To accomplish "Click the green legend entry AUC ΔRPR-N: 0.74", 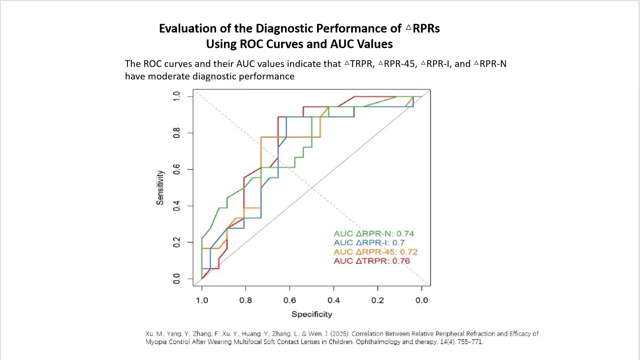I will point(374,234).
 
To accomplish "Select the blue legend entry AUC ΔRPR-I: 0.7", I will point(369,243).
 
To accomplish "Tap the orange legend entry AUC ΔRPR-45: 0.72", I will point(375,252).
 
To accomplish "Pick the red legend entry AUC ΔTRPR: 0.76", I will point(372,261).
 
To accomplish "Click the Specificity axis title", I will point(312,314).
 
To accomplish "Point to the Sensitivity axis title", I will point(160,188).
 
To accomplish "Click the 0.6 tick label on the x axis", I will point(290,300).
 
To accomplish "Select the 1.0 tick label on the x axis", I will point(202,300).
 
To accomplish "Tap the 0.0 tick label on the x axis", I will point(422,300).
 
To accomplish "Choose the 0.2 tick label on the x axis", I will point(378,300).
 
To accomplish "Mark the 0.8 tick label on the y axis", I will point(177,133).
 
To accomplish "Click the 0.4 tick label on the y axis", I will point(177,206).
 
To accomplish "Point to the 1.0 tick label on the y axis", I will point(177,96).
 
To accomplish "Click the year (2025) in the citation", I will point(340,334).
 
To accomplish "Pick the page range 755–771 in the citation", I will point(470,342).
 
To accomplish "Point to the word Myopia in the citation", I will point(156,342).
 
